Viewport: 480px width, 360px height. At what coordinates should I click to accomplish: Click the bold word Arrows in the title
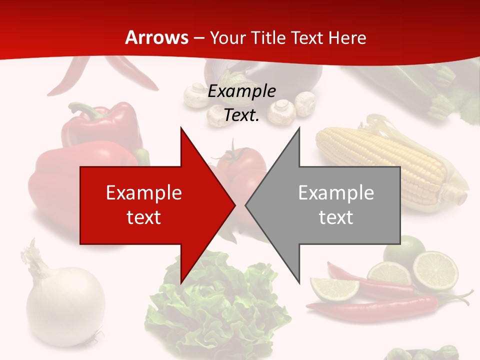(x=156, y=37)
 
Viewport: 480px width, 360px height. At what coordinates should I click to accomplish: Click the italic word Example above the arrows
(x=241, y=91)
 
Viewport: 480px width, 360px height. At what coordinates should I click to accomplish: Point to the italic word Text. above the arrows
(x=241, y=115)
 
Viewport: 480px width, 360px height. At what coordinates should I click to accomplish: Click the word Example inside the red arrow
(x=143, y=192)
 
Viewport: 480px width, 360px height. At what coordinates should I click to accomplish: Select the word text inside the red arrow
(x=143, y=217)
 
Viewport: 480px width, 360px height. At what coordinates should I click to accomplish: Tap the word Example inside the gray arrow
(x=336, y=192)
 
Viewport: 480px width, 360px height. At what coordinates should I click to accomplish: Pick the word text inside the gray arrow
(x=336, y=217)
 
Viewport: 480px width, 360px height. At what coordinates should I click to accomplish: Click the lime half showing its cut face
(x=434, y=270)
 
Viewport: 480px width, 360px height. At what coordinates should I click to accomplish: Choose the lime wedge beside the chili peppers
(x=334, y=287)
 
